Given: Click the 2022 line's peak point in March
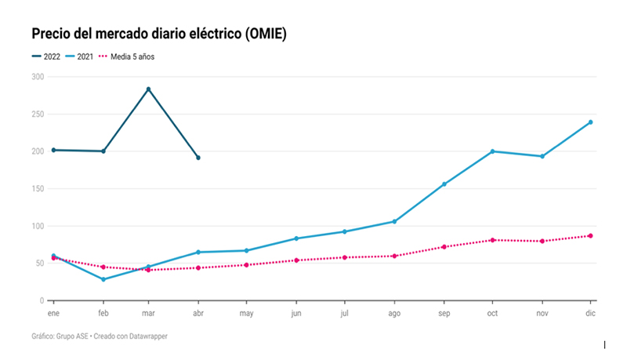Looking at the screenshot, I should coord(148,89).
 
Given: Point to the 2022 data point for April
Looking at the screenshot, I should coord(198,158).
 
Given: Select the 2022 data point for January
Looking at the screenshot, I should coord(53,150).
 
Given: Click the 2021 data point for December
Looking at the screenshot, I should coord(590,122).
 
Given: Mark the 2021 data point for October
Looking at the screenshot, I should coord(492,151).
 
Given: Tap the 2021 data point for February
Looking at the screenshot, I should coord(103,279).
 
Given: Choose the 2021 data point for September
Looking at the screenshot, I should coord(444,184).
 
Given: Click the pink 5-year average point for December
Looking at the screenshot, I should coord(590,235).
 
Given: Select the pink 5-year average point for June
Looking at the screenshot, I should coord(295,260).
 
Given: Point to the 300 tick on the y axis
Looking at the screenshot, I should coord(38,77).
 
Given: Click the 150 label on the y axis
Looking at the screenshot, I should coord(38,189).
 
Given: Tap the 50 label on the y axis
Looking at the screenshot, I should coord(39,264).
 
